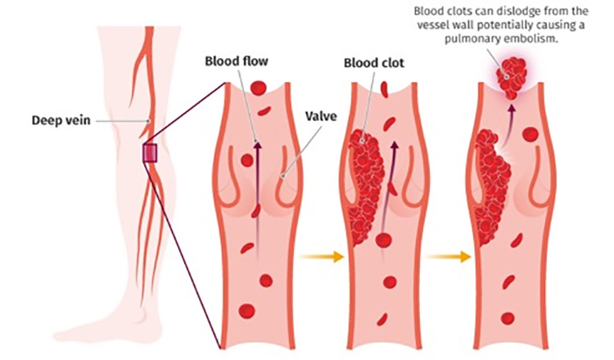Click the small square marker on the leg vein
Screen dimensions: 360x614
(150, 152)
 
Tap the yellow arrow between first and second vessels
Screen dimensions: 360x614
(316, 257)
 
